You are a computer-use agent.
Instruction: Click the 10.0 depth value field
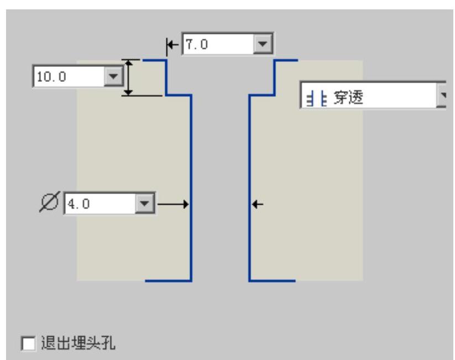tap(68, 76)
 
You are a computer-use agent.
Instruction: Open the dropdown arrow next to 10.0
tap(113, 76)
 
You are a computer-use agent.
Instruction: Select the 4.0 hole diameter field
tap(100, 203)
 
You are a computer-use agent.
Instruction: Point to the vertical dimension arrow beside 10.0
tap(128, 77)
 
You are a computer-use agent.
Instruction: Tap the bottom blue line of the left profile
tap(168, 281)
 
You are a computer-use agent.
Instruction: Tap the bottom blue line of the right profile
tap(272, 281)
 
